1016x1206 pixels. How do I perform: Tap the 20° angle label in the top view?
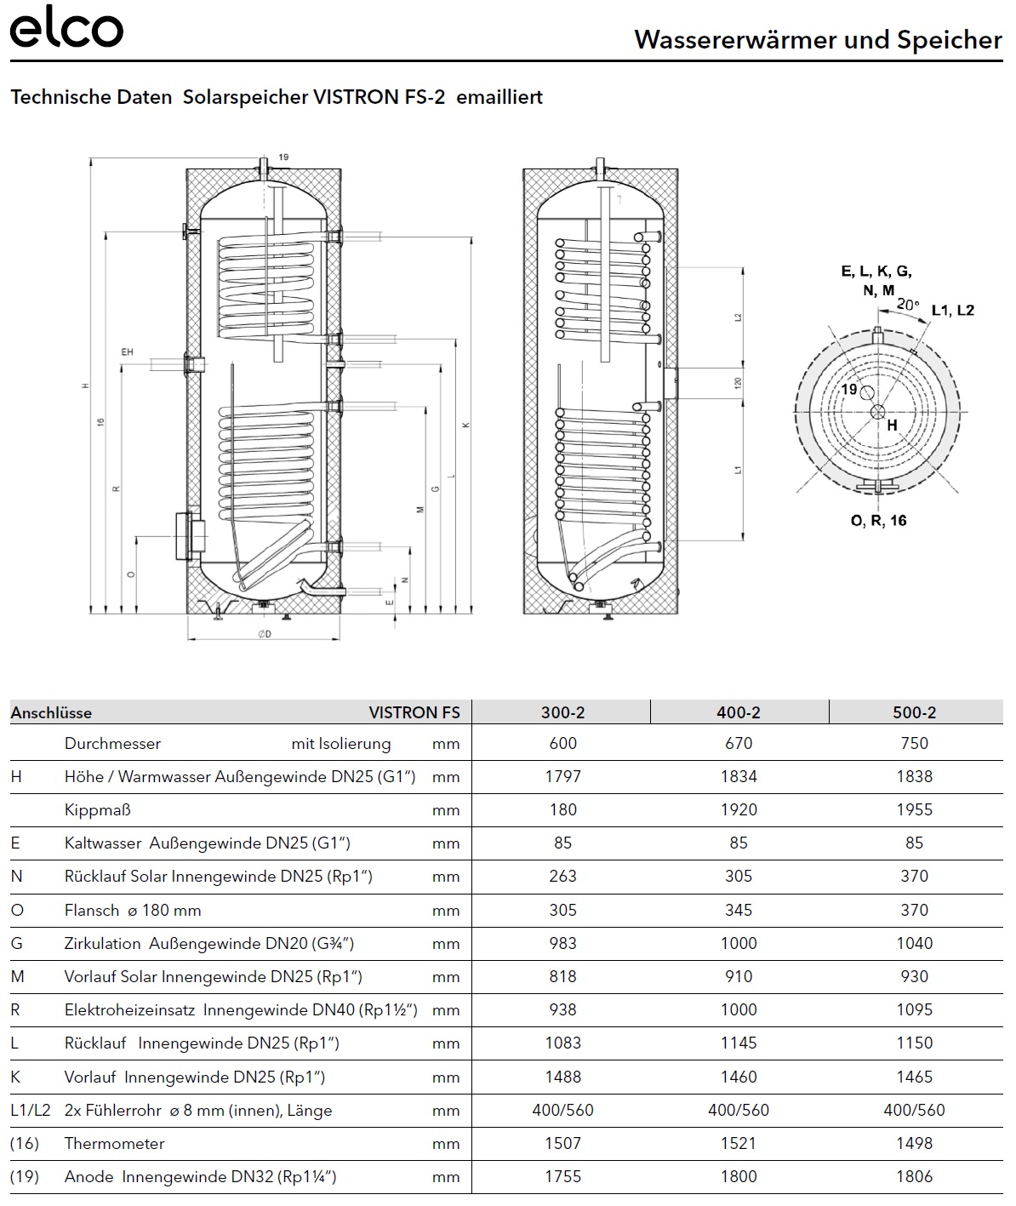click(908, 304)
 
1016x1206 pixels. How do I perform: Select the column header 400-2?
click(739, 712)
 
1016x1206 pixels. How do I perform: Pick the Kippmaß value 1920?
click(739, 809)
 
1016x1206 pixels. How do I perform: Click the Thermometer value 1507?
click(562, 1143)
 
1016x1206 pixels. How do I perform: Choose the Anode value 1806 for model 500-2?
click(914, 1176)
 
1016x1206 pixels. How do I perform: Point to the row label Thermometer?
click(114, 1143)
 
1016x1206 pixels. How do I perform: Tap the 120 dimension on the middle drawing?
click(738, 383)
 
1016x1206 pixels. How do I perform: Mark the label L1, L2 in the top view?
click(952, 311)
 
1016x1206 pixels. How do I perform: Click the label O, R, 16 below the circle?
click(878, 520)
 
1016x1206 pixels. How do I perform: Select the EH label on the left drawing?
click(128, 351)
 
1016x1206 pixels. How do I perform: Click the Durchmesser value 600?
click(562, 743)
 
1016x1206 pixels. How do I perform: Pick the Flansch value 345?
click(739, 910)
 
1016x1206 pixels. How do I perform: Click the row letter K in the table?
click(15, 1077)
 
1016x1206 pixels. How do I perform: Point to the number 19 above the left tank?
click(283, 157)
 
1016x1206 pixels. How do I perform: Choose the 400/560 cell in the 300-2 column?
click(562, 1110)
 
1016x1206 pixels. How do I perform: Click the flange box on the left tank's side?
click(191, 535)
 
